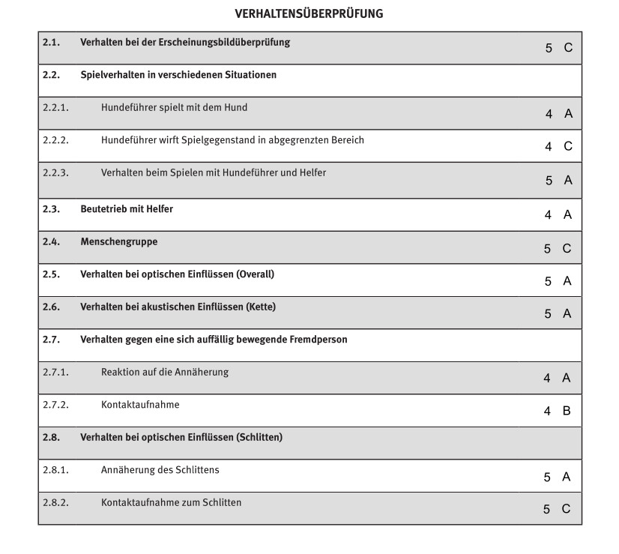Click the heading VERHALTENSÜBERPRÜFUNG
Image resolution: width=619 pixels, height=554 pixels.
pyautogui.click(x=309, y=13)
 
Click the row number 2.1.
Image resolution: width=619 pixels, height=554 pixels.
pyautogui.click(x=51, y=43)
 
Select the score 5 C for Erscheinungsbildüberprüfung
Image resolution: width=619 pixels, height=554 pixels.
pyautogui.click(x=558, y=48)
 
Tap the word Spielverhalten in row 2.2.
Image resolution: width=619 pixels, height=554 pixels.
pyautogui.click(x=112, y=75)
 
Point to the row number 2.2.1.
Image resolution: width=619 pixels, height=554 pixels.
pyautogui.click(x=55, y=108)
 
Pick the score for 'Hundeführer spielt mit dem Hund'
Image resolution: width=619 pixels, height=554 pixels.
pyautogui.click(x=558, y=114)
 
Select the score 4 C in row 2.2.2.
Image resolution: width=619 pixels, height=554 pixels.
pyautogui.click(x=558, y=147)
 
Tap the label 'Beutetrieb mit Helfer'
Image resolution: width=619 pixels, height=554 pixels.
pyautogui.click(x=127, y=209)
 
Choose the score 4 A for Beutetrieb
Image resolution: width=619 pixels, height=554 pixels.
pyautogui.click(x=558, y=215)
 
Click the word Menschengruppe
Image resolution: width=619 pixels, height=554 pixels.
pyautogui.click(x=119, y=242)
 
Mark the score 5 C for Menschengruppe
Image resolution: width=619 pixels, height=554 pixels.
pyautogui.click(x=558, y=249)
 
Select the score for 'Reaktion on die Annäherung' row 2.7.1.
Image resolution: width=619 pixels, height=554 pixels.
pyautogui.click(x=558, y=379)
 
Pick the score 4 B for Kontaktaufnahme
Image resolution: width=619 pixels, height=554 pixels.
pyautogui.click(x=558, y=411)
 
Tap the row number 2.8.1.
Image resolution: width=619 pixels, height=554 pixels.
pyautogui.click(x=55, y=471)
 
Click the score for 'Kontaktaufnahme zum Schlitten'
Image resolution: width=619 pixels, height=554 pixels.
pyautogui.click(x=558, y=509)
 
